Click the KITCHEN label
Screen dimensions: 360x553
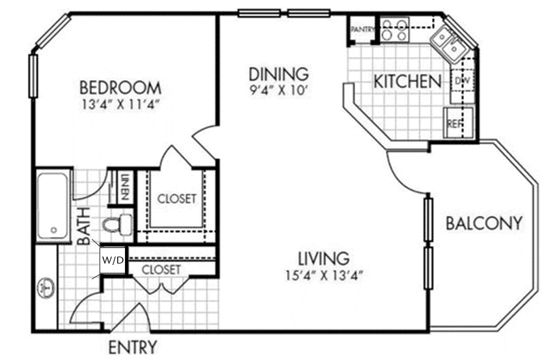tap(407, 82)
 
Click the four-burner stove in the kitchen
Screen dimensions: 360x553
tap(394, 29)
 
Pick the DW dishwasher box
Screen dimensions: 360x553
tap(463, 81)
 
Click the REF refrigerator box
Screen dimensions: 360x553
tap(453, 124)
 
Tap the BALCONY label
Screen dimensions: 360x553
tap(483, 223)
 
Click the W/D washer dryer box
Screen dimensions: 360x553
tap(111, 260)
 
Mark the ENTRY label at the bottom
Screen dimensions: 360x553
tap(132, 346)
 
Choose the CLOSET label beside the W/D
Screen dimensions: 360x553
tap(161, 269)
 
